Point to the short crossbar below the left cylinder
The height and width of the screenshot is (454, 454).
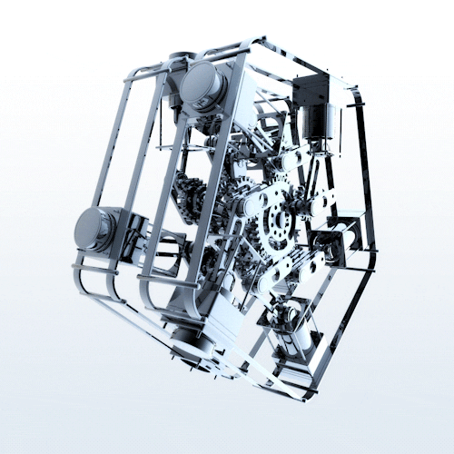tap(95, 269)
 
